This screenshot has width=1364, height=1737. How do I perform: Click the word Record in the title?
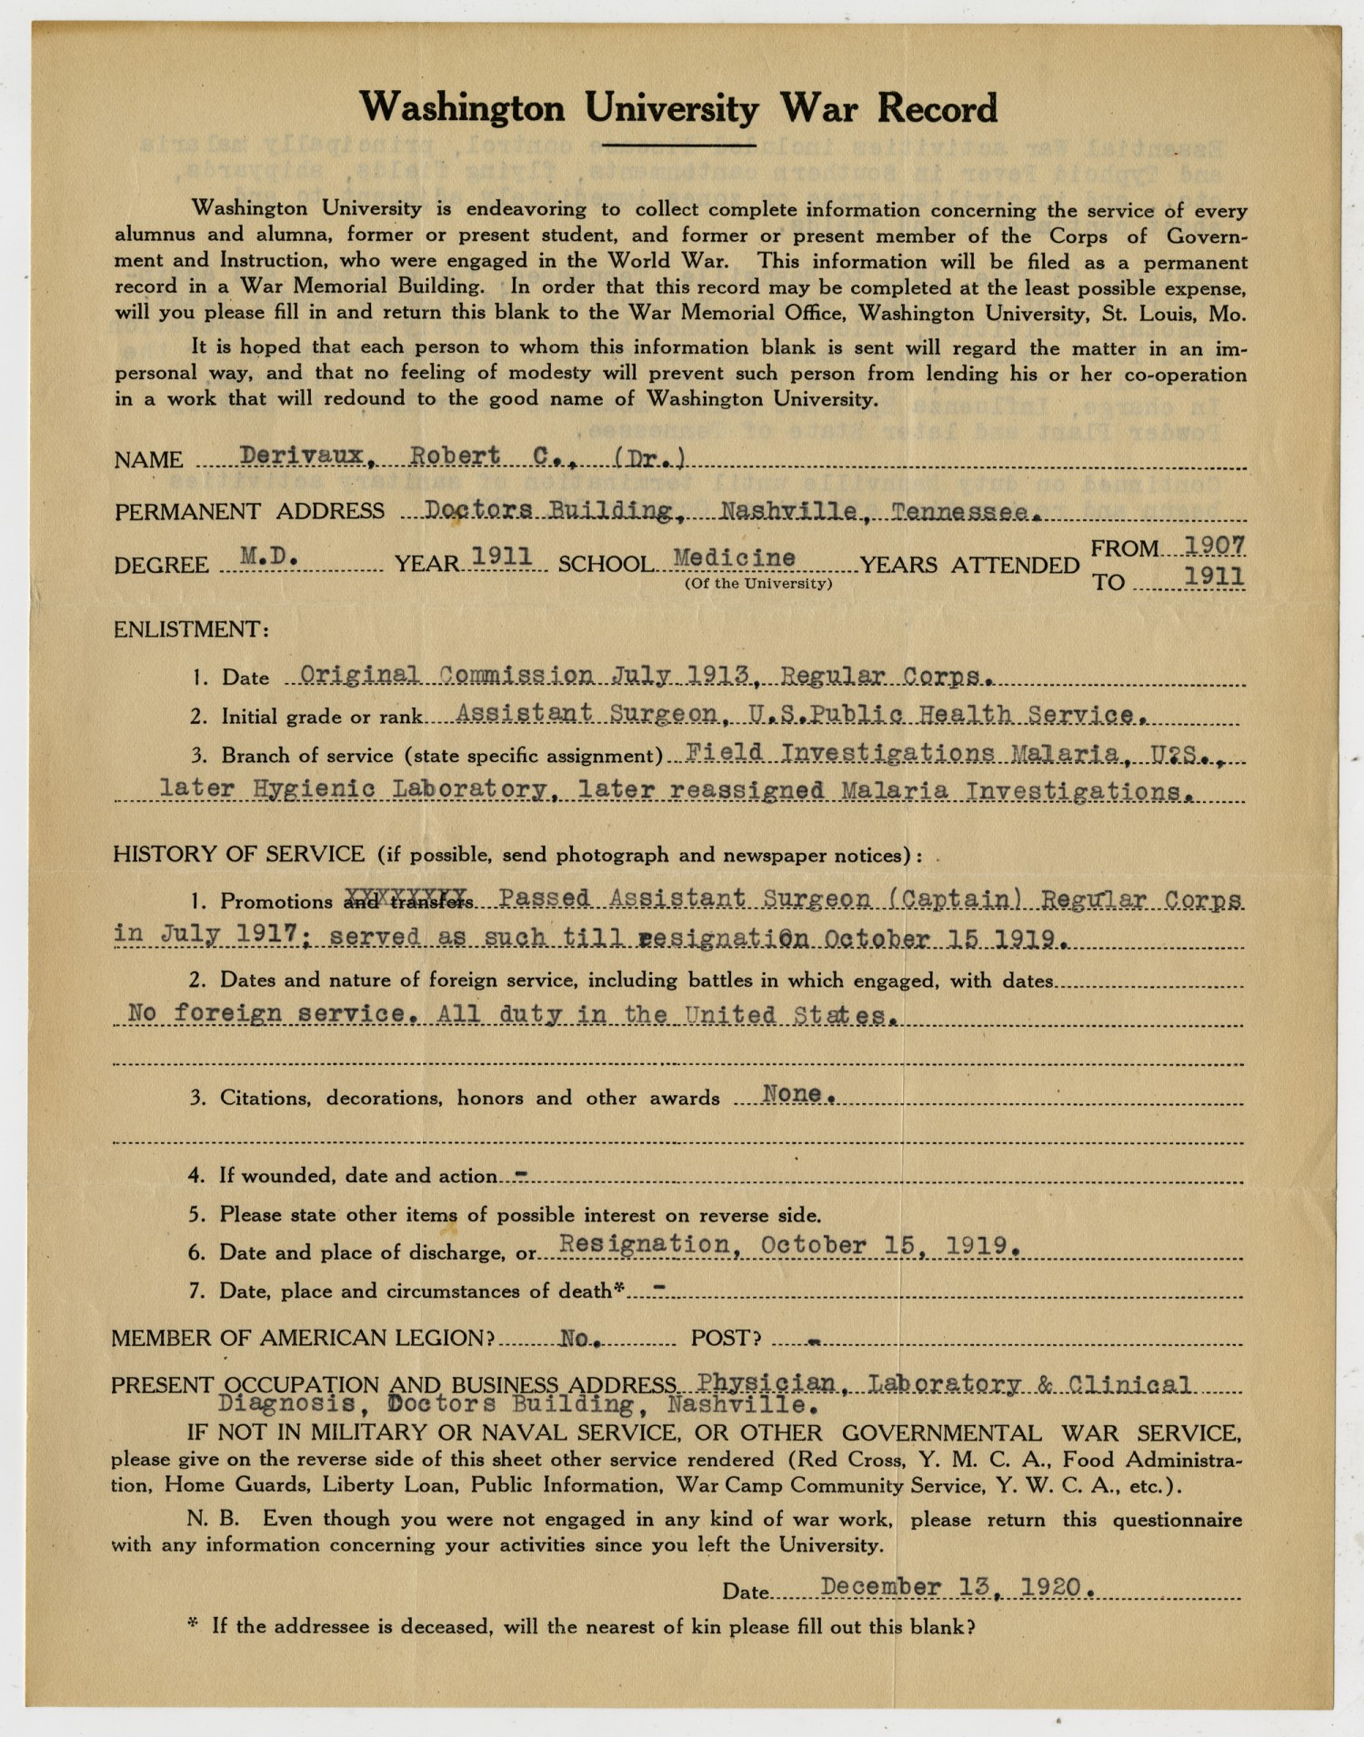coord(937,108)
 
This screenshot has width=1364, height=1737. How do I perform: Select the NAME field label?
coord(148,460)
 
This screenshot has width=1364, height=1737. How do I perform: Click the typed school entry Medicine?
coord(735,557)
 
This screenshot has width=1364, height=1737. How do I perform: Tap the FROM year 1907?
coord(1215,545)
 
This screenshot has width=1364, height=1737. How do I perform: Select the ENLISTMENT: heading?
coord(191,629)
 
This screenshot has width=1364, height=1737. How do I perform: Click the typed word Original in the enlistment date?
coord(360,676)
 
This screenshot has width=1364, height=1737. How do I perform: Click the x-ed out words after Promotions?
coord(409,900)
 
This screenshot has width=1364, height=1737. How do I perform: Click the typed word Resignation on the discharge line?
coord(645,1244)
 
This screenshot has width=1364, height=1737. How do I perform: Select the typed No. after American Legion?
coord(578,1338)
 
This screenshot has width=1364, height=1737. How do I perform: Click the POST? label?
coord(726,1339)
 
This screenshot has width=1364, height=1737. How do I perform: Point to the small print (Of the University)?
coord(758,584)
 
